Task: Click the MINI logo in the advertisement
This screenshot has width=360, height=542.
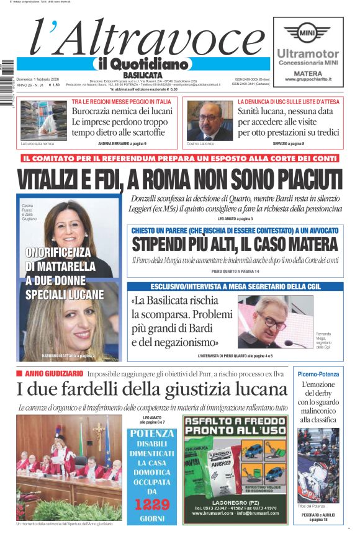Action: tap(306, 33)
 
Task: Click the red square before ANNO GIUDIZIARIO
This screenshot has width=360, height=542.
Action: tap(19, 373)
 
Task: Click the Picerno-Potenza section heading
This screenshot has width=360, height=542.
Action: tap(318, 374)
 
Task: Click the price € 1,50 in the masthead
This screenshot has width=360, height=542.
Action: tap(55, 85)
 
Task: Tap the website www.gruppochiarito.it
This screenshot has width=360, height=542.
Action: tap(308, 79)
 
